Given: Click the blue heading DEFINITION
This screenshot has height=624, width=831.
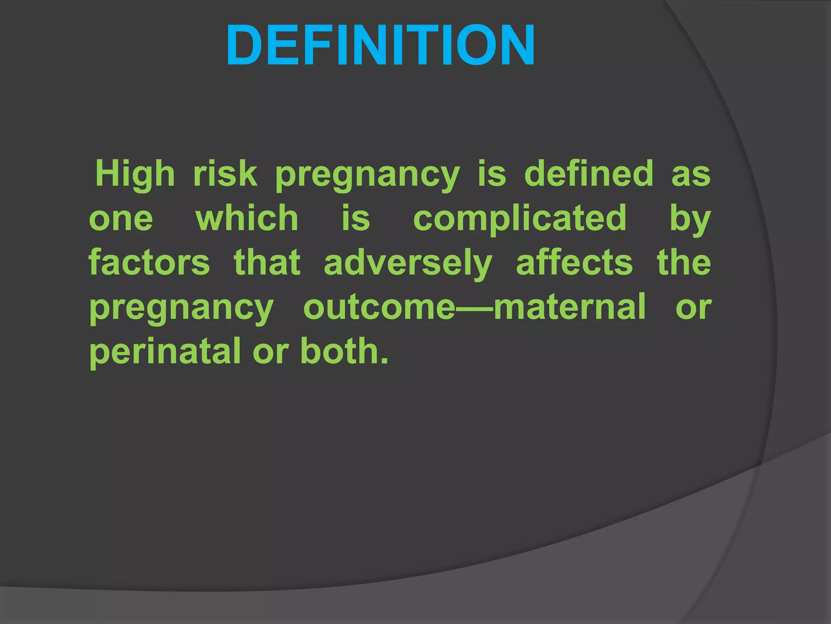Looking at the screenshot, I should (380, 45).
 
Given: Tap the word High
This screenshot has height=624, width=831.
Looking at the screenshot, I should (135, 174).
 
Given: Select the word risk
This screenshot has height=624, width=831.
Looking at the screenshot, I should (225, 174).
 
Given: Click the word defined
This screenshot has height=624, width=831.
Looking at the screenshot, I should (589, 174).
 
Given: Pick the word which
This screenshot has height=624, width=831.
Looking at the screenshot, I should (247, 218).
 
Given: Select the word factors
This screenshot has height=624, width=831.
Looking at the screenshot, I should (149, 263).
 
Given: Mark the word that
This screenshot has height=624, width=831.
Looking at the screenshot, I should (267, 263).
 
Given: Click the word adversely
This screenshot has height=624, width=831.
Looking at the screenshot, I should (408, 264).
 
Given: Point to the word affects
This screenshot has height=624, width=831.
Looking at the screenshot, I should (574, 263).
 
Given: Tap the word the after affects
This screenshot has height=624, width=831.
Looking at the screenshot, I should (684, 263).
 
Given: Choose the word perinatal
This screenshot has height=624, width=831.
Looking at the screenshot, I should (166, 352).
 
